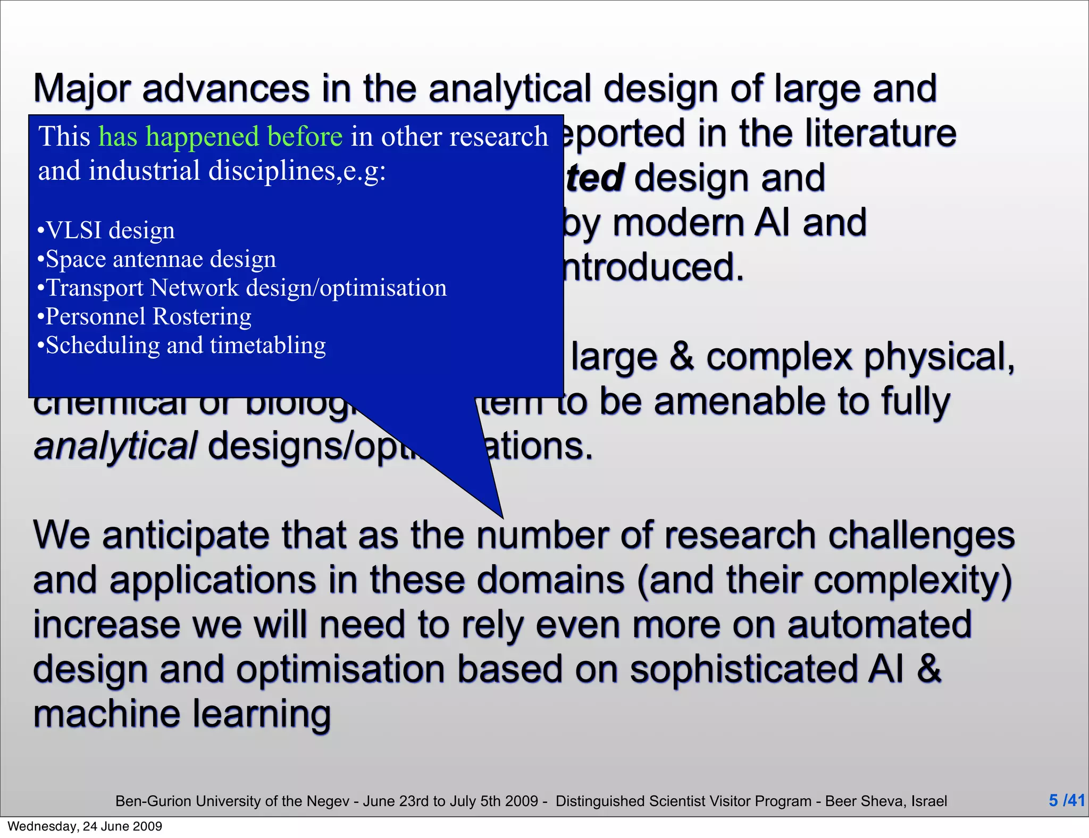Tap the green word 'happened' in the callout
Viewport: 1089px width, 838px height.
[203, 137]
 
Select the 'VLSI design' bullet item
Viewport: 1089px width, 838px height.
[106, 230]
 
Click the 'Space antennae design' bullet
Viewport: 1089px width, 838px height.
[157, 259]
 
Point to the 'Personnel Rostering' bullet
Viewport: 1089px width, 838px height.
[145, 316]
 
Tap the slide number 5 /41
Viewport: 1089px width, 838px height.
[1066, 800]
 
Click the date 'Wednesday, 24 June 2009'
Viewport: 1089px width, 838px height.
[85, 826]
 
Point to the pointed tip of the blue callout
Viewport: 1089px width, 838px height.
[502, 517]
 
